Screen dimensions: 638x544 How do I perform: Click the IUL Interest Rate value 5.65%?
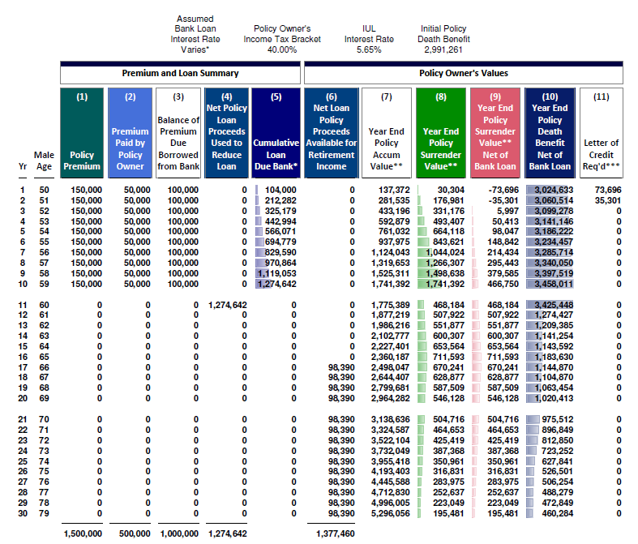point(369,49)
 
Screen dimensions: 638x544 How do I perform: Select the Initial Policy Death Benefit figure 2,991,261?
point(443,49)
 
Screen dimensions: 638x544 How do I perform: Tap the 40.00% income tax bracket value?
point(282,49)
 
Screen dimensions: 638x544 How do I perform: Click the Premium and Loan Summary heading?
point(180,73)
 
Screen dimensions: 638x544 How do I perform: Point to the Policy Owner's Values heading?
point(464,73)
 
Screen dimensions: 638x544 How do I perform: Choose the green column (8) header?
point(441,133)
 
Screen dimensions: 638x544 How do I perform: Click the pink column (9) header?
point(495,133)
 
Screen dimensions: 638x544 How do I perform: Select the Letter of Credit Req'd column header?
point(602,133)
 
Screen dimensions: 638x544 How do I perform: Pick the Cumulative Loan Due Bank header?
point(276,133)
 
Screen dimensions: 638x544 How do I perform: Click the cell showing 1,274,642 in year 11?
point(228,305)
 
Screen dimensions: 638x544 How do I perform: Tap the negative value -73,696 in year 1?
point(503,190)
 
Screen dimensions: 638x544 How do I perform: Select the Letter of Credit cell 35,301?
point(608,200)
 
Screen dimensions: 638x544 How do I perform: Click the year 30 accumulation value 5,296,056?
point(390,513)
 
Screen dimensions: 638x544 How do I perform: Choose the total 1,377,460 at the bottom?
point(336,533)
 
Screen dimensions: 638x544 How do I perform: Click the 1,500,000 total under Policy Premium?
point(83,533)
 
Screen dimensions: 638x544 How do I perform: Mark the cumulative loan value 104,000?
point(280,190)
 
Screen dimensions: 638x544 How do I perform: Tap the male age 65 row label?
point(44,357)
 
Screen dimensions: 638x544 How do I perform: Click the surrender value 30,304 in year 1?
point(451,190)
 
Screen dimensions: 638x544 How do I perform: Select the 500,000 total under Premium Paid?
point(135,533)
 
